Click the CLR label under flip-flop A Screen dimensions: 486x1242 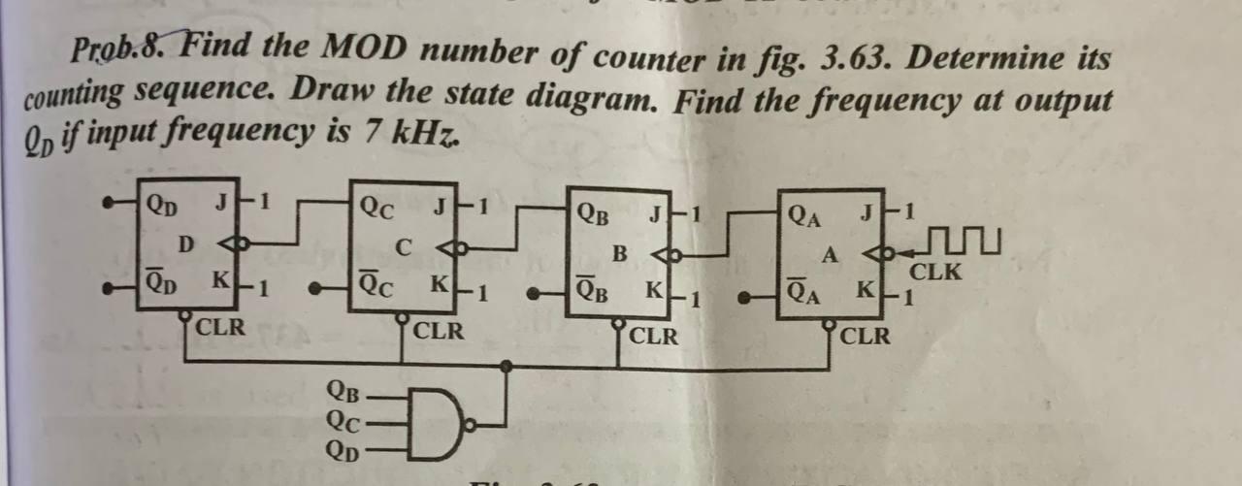tap(866, 337)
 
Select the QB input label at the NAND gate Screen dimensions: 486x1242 tap(345, 393)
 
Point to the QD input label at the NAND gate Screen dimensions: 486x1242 tap(345, 449)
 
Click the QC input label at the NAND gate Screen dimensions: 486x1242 tap(345, 421)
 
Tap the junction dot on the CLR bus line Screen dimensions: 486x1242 tap(506, 366)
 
